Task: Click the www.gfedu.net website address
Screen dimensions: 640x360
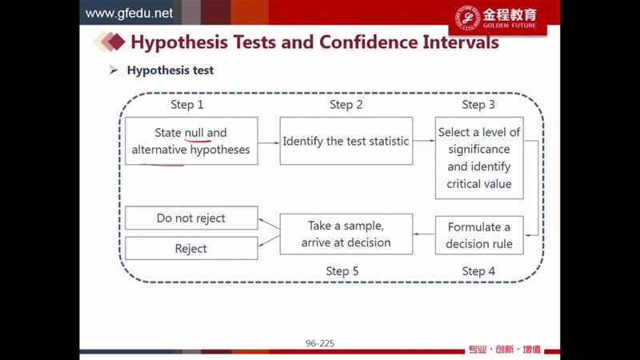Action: [129, 13]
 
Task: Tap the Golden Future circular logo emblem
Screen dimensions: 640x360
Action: [467, 18]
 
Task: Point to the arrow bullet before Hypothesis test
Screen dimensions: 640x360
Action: [114, 70]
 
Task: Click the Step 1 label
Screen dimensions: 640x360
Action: [187, 105]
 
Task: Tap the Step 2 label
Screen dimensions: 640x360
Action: [346, 105]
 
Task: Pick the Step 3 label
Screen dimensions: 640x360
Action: [478, 105]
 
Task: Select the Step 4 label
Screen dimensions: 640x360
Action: [478, 271]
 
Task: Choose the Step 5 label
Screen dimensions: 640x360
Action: [342, 271]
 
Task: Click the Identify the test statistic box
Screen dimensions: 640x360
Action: [346, 141]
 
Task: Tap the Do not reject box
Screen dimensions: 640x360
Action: [191, 218]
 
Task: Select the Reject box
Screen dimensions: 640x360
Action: [191, 248]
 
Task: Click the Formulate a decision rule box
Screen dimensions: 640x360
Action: [479, 235]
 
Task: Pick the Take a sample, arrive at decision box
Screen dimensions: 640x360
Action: [346, 234]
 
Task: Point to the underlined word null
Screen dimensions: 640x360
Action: [194, 133]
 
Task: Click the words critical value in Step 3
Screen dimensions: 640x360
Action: [479, 184]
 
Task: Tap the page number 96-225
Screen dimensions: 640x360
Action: [320, 343]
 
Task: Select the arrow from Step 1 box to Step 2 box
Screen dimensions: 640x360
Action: [269, 143]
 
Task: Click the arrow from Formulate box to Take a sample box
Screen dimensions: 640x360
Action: [424, 234]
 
